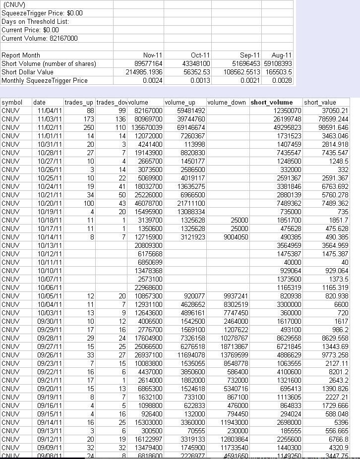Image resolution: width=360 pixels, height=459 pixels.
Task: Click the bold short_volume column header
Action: pyautogui.click(x=271, y=103)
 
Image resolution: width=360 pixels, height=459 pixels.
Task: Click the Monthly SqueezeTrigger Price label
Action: pyautogui.click(x=44, y=80)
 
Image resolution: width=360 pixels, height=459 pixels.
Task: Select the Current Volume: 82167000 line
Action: pyautogui.click(x=40, y=38)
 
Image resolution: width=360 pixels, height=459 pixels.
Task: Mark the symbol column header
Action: pyautogui.click(x=12, y=103)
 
